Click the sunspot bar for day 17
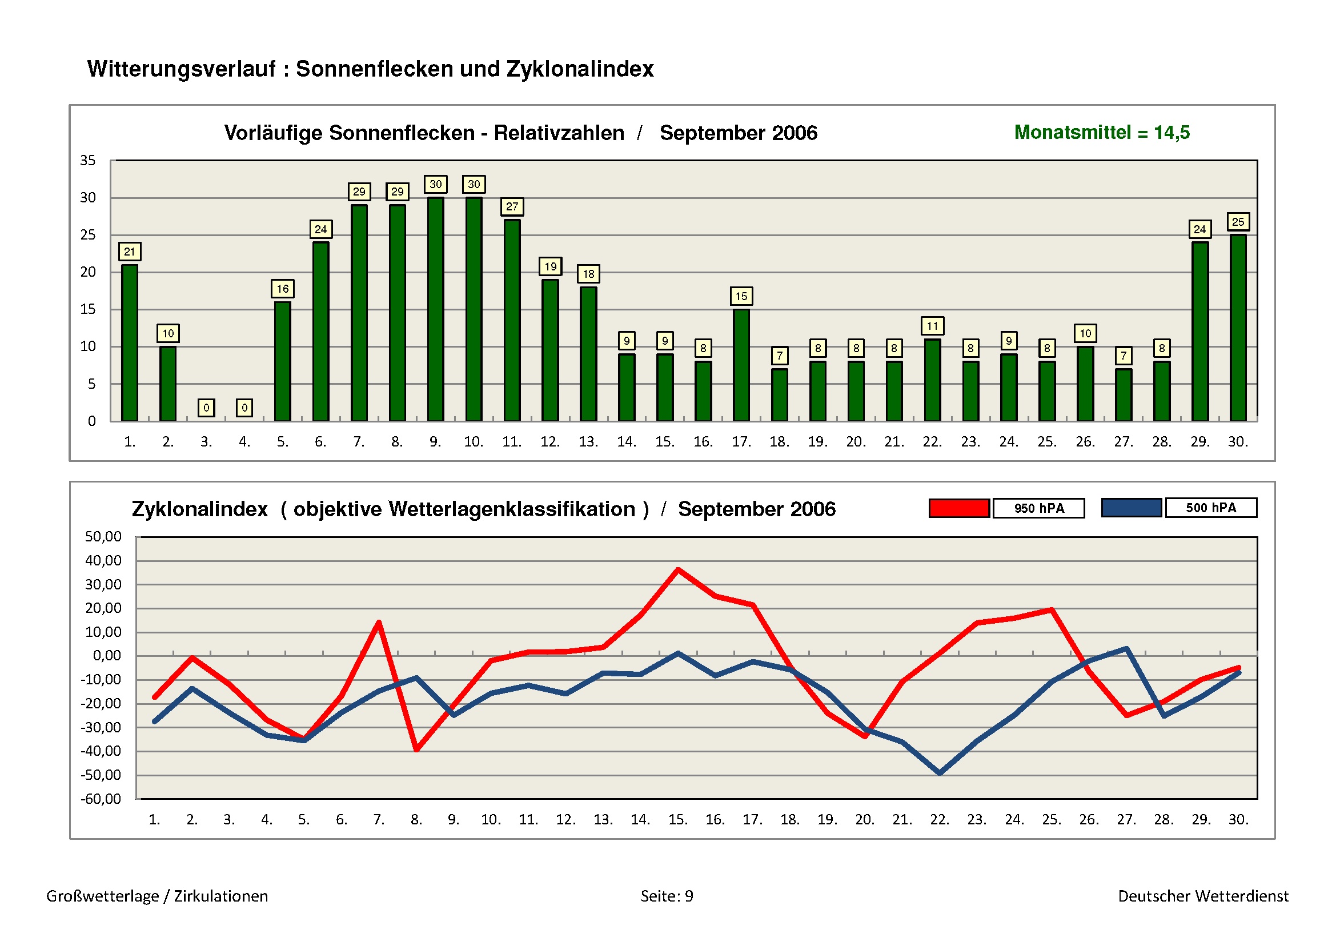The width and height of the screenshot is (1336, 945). pyautogui.click(x=741, y=365)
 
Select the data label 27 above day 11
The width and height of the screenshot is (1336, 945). pyautogui.click(x=511, y=207)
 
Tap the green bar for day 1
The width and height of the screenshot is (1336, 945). pyautogui.click(x=129, y=343)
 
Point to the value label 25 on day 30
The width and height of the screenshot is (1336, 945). pyautogui.click(x=1238, y=222)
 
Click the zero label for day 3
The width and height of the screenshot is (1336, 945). pyautogui.click(x=206, y=408)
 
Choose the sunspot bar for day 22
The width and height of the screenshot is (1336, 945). pyautogui.click(x=932, y=380)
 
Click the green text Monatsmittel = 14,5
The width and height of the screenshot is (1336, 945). pyautogui.click(x=1101, y=133)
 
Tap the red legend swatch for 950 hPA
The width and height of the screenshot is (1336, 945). pyautogui.click(x=959, y=508)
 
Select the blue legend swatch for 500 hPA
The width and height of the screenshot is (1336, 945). pyautogui.click(x=1131, y=508)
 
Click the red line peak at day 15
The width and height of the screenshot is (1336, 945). pyautogui.click(x=679, y=569)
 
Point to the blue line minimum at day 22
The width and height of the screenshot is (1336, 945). pyautogui.click(x=940, y=773)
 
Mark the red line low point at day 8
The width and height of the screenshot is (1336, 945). pyautogui.click(x=416, y=749)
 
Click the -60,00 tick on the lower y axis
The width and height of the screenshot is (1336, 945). pyautogui.click(x=101, y=799)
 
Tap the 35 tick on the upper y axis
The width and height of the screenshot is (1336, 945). pyautogui.click(x=88, y=161)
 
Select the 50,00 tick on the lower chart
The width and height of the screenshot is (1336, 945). pyautogui.click(x=103, y=536)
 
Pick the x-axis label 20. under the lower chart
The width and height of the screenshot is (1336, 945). pyautogui.click(x=865, y=820)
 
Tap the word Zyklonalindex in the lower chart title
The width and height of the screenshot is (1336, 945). pyautogui.click(x=199, y=509)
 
